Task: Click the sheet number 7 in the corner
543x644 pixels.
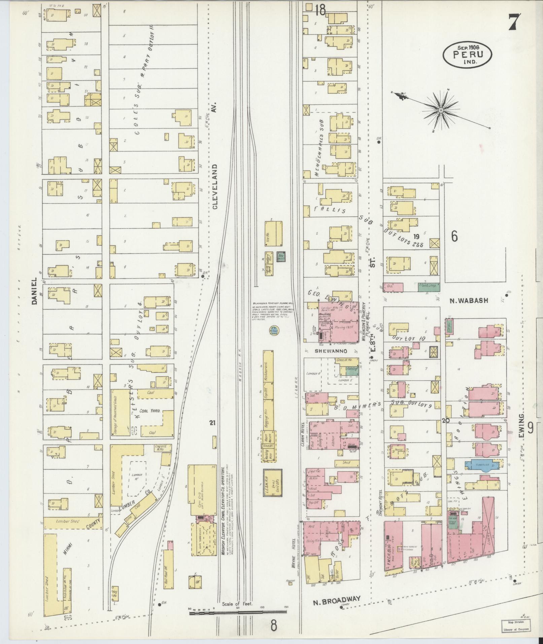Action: point(514,23)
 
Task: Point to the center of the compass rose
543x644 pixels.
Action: point(441,110)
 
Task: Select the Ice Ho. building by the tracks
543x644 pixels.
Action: point(273,233)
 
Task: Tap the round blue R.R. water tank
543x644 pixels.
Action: point(274,331)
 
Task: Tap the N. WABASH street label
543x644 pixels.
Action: point(469,301)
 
